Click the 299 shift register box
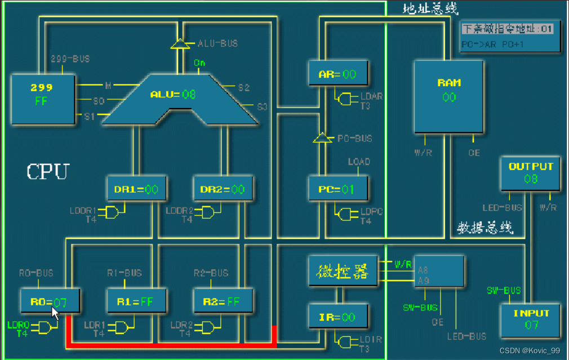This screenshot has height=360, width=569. click(43, 97)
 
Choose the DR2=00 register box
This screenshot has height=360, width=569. click(223, 189)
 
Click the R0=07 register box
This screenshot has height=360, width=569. click(50, 302)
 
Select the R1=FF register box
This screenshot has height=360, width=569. click(137, 302)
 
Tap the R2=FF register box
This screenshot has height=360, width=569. click(223, 302)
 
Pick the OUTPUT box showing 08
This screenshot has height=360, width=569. click(531, 174)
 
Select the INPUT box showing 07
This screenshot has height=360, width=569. click(531, 319)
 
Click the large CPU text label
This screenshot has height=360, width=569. click(48, 171)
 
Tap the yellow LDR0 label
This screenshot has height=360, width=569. click(18, 325)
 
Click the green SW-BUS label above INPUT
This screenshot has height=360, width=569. click(504, 291)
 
